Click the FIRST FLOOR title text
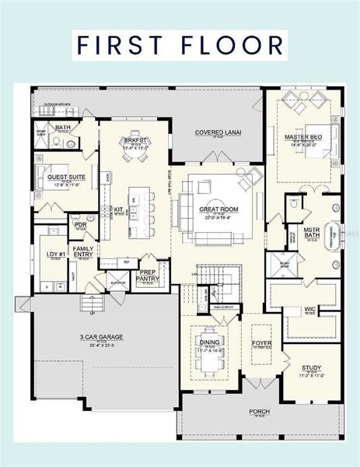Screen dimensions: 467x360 [180, 45]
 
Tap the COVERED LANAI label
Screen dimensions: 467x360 [218, 132]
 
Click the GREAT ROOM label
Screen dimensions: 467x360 [218, 209]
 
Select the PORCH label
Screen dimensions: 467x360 [259, 411]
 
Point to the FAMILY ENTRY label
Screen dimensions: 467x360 [83, 251]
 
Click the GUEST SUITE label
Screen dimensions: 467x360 [65, 177]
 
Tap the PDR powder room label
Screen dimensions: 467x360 [80, 224]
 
